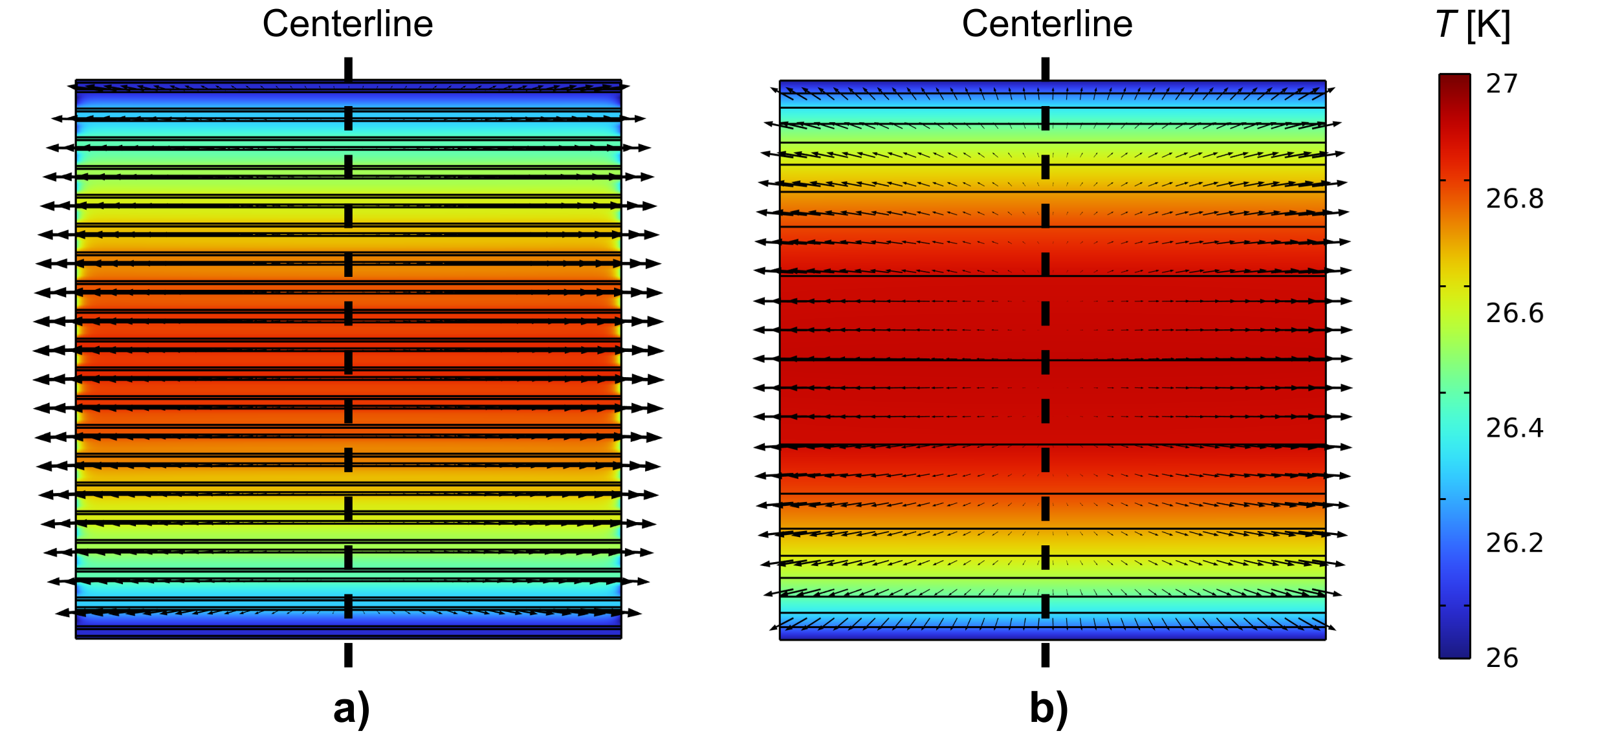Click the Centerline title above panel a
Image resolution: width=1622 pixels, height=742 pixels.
[x=347, y=25]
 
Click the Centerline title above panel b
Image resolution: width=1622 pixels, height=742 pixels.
[x=1047, y=25]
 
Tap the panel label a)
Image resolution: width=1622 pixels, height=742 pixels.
[x=351, y=708]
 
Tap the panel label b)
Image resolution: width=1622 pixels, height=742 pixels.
[x=1049, y=708]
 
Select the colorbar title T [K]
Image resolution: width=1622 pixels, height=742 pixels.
[x=1473, y=26]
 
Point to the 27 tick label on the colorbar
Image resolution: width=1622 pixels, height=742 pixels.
[x=1502, y=84]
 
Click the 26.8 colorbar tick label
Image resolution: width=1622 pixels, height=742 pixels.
[x=1515, y=199]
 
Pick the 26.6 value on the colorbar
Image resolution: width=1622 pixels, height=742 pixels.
[x=1515, y=313]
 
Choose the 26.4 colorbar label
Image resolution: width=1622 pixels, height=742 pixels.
[x=1515, y=428]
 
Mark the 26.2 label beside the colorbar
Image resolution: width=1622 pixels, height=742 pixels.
[x=1515, y=543]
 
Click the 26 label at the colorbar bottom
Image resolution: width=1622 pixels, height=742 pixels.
[x=1502, y=658]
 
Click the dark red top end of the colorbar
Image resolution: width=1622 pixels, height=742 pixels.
[x=1454, y=81]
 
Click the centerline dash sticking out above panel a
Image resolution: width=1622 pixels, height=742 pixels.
[x=348, y=68]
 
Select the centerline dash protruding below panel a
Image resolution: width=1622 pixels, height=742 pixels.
[x=348, y=655]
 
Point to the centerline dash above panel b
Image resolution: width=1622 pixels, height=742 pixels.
[x=1045, y=68]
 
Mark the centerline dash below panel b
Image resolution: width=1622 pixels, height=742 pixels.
[x=1045, y=655]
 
